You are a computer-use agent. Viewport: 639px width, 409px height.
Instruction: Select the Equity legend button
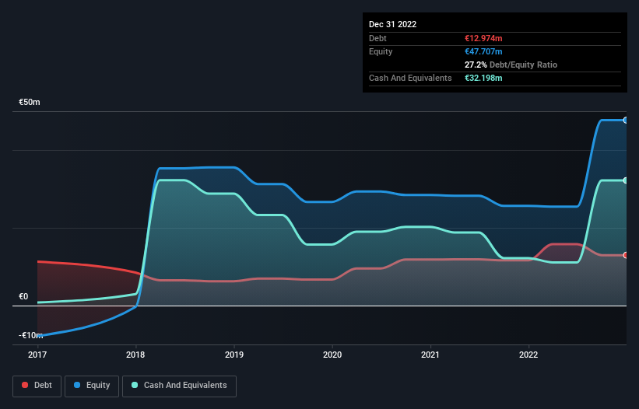point(92,385)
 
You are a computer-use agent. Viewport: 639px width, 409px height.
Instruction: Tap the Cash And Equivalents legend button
point(179,385)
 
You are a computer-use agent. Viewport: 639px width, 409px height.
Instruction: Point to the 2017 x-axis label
point(37,355)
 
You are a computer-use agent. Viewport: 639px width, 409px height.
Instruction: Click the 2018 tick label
point(136,355)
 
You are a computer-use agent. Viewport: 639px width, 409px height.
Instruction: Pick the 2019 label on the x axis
point(234,355)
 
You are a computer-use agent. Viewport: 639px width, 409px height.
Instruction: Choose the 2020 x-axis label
point(332,355)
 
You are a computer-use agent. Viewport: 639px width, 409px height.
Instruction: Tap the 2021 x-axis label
point(430,355)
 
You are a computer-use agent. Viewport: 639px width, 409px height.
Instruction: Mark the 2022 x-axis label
point(528,355)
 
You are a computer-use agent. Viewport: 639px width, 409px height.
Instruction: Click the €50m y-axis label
point(30,103)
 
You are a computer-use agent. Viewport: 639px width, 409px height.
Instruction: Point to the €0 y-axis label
point(23,296)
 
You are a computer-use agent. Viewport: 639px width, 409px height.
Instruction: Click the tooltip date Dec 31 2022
point(393,24)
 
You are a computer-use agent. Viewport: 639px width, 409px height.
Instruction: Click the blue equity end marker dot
point(625,121)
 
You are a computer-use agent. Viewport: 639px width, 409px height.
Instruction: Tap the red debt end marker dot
point(625,255)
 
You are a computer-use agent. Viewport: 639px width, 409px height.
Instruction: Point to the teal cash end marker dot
point(625,180)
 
